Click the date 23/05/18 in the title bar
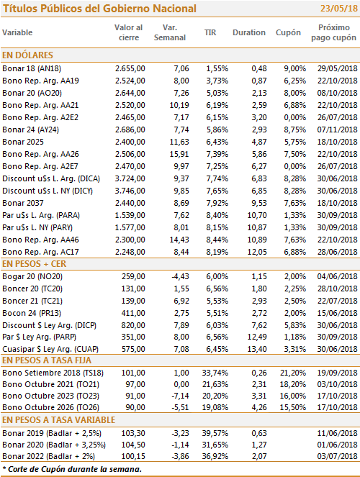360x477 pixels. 339,8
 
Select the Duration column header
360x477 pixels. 249,32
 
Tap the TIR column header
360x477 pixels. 210,32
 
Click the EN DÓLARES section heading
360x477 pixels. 27,55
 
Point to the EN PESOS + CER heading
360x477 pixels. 34,264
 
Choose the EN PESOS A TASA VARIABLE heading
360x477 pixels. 59,420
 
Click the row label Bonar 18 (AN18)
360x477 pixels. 32,68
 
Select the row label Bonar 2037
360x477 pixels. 23,203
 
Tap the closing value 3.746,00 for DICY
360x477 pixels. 130,191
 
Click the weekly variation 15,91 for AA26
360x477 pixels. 179,154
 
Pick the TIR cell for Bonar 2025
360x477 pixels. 217,142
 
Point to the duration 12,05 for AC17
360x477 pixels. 257,252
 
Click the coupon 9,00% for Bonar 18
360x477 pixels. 295,68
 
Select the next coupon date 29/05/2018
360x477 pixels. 337,68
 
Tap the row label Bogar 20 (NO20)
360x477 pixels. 32,276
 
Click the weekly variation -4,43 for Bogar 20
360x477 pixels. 180,276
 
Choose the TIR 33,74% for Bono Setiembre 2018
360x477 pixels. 215,373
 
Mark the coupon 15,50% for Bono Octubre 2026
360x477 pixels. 293,407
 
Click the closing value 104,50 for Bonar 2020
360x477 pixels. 133,445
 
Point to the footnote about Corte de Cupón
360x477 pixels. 72,469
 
